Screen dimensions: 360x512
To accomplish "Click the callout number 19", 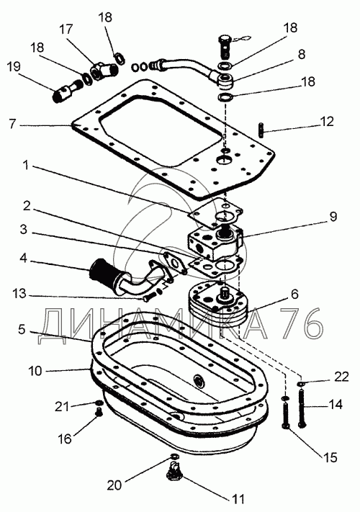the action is tap(14, 67).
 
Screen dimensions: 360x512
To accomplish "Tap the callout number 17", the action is tap(66, 29).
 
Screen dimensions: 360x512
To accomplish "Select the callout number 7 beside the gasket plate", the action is tap(12, 124).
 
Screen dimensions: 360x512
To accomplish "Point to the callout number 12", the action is tap(327, 121).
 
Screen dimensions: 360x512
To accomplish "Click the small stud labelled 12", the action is tap(262, 130).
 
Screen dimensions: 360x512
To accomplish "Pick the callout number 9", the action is tap(333, 217).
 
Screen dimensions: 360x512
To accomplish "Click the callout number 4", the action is tap(24, 258).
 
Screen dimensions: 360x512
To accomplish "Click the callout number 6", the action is tap(294, 294).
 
